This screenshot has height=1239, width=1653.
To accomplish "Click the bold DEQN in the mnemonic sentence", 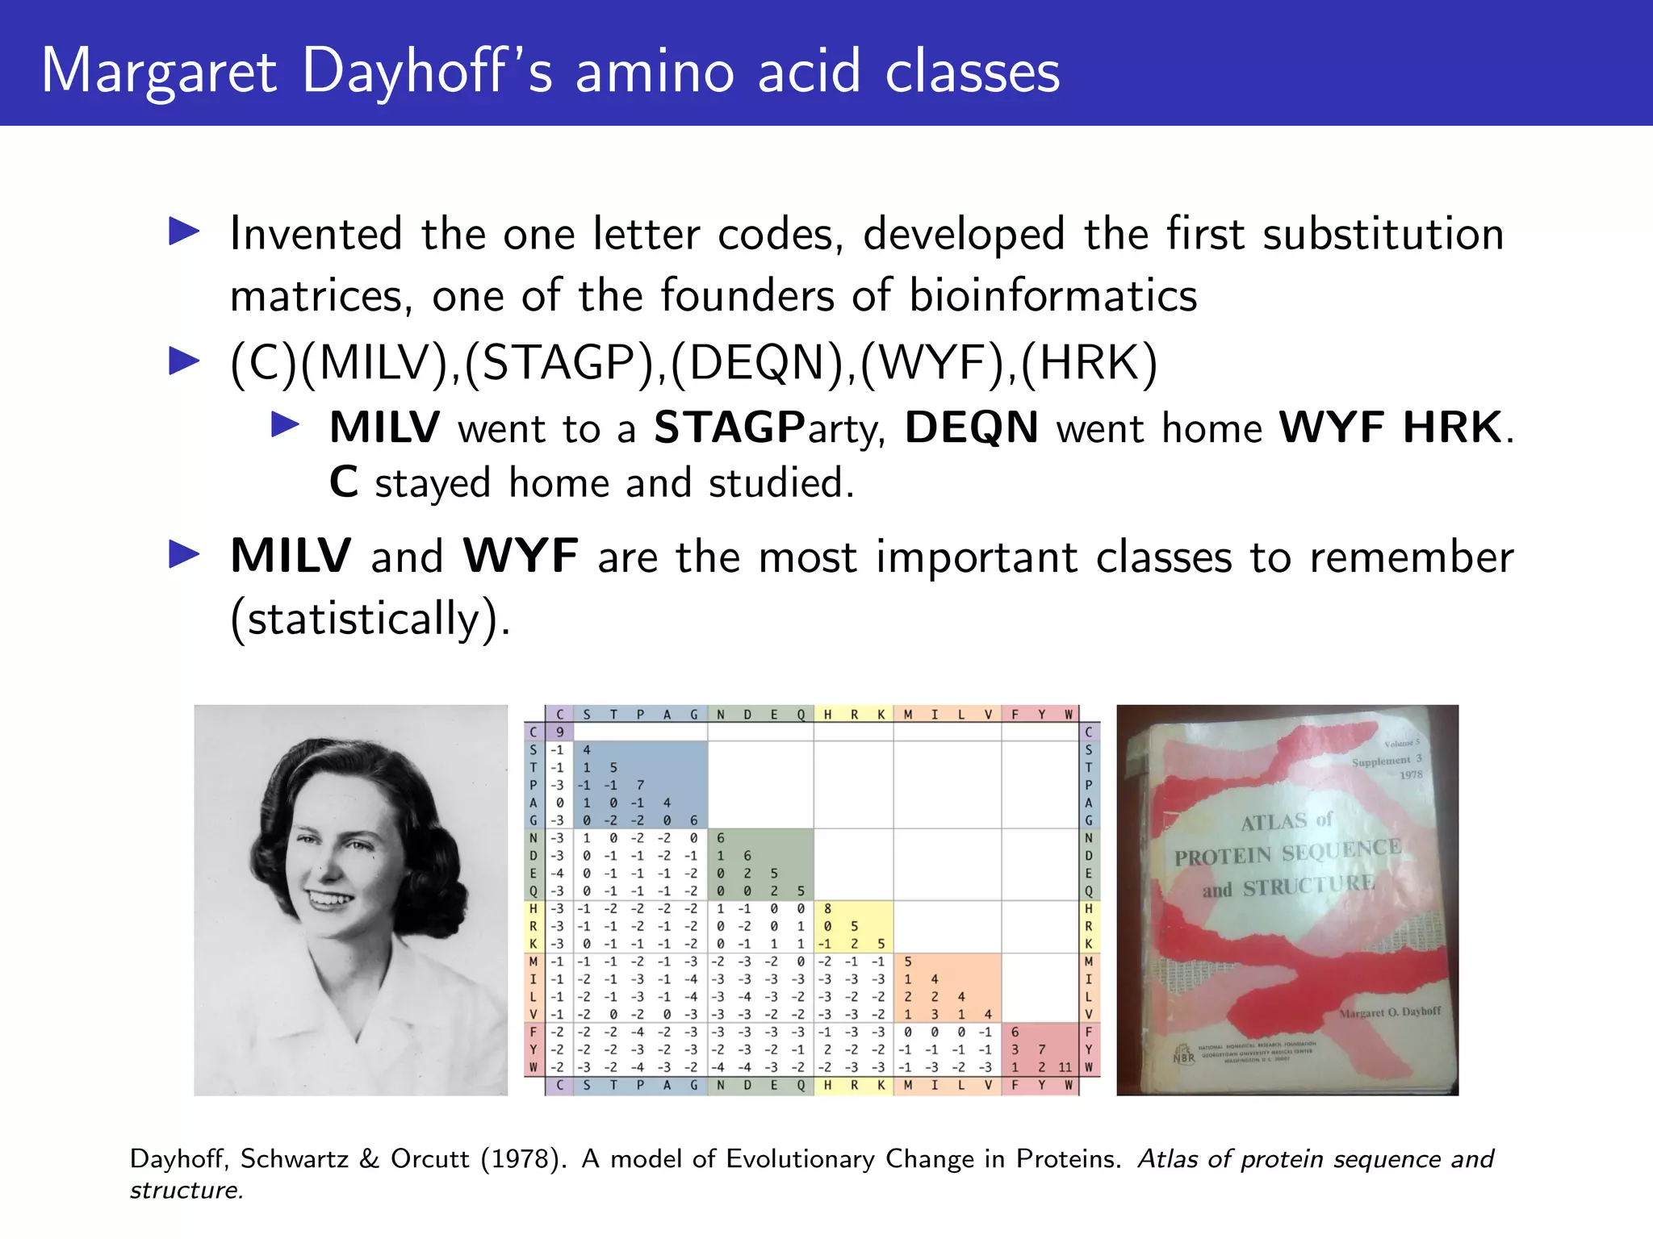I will (971, 428).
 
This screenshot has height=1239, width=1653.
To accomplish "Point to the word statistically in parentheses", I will (362, 619).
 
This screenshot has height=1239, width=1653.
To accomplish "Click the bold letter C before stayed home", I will (344, 483).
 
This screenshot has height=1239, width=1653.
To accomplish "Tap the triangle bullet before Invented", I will (184, 232).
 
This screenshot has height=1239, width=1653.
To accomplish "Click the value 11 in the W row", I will (1065, 1067).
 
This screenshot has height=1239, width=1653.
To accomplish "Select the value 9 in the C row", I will (559, 732).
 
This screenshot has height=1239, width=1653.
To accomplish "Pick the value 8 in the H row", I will (827, 909).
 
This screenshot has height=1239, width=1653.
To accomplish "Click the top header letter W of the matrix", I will (1068, 715).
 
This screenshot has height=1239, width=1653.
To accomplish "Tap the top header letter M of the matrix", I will (908, 715).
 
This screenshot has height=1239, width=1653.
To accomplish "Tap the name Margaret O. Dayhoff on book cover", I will (1389, 1012).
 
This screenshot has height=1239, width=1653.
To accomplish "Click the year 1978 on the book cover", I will (1410, 775).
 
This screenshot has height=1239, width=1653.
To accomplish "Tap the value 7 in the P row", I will (640, 785).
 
